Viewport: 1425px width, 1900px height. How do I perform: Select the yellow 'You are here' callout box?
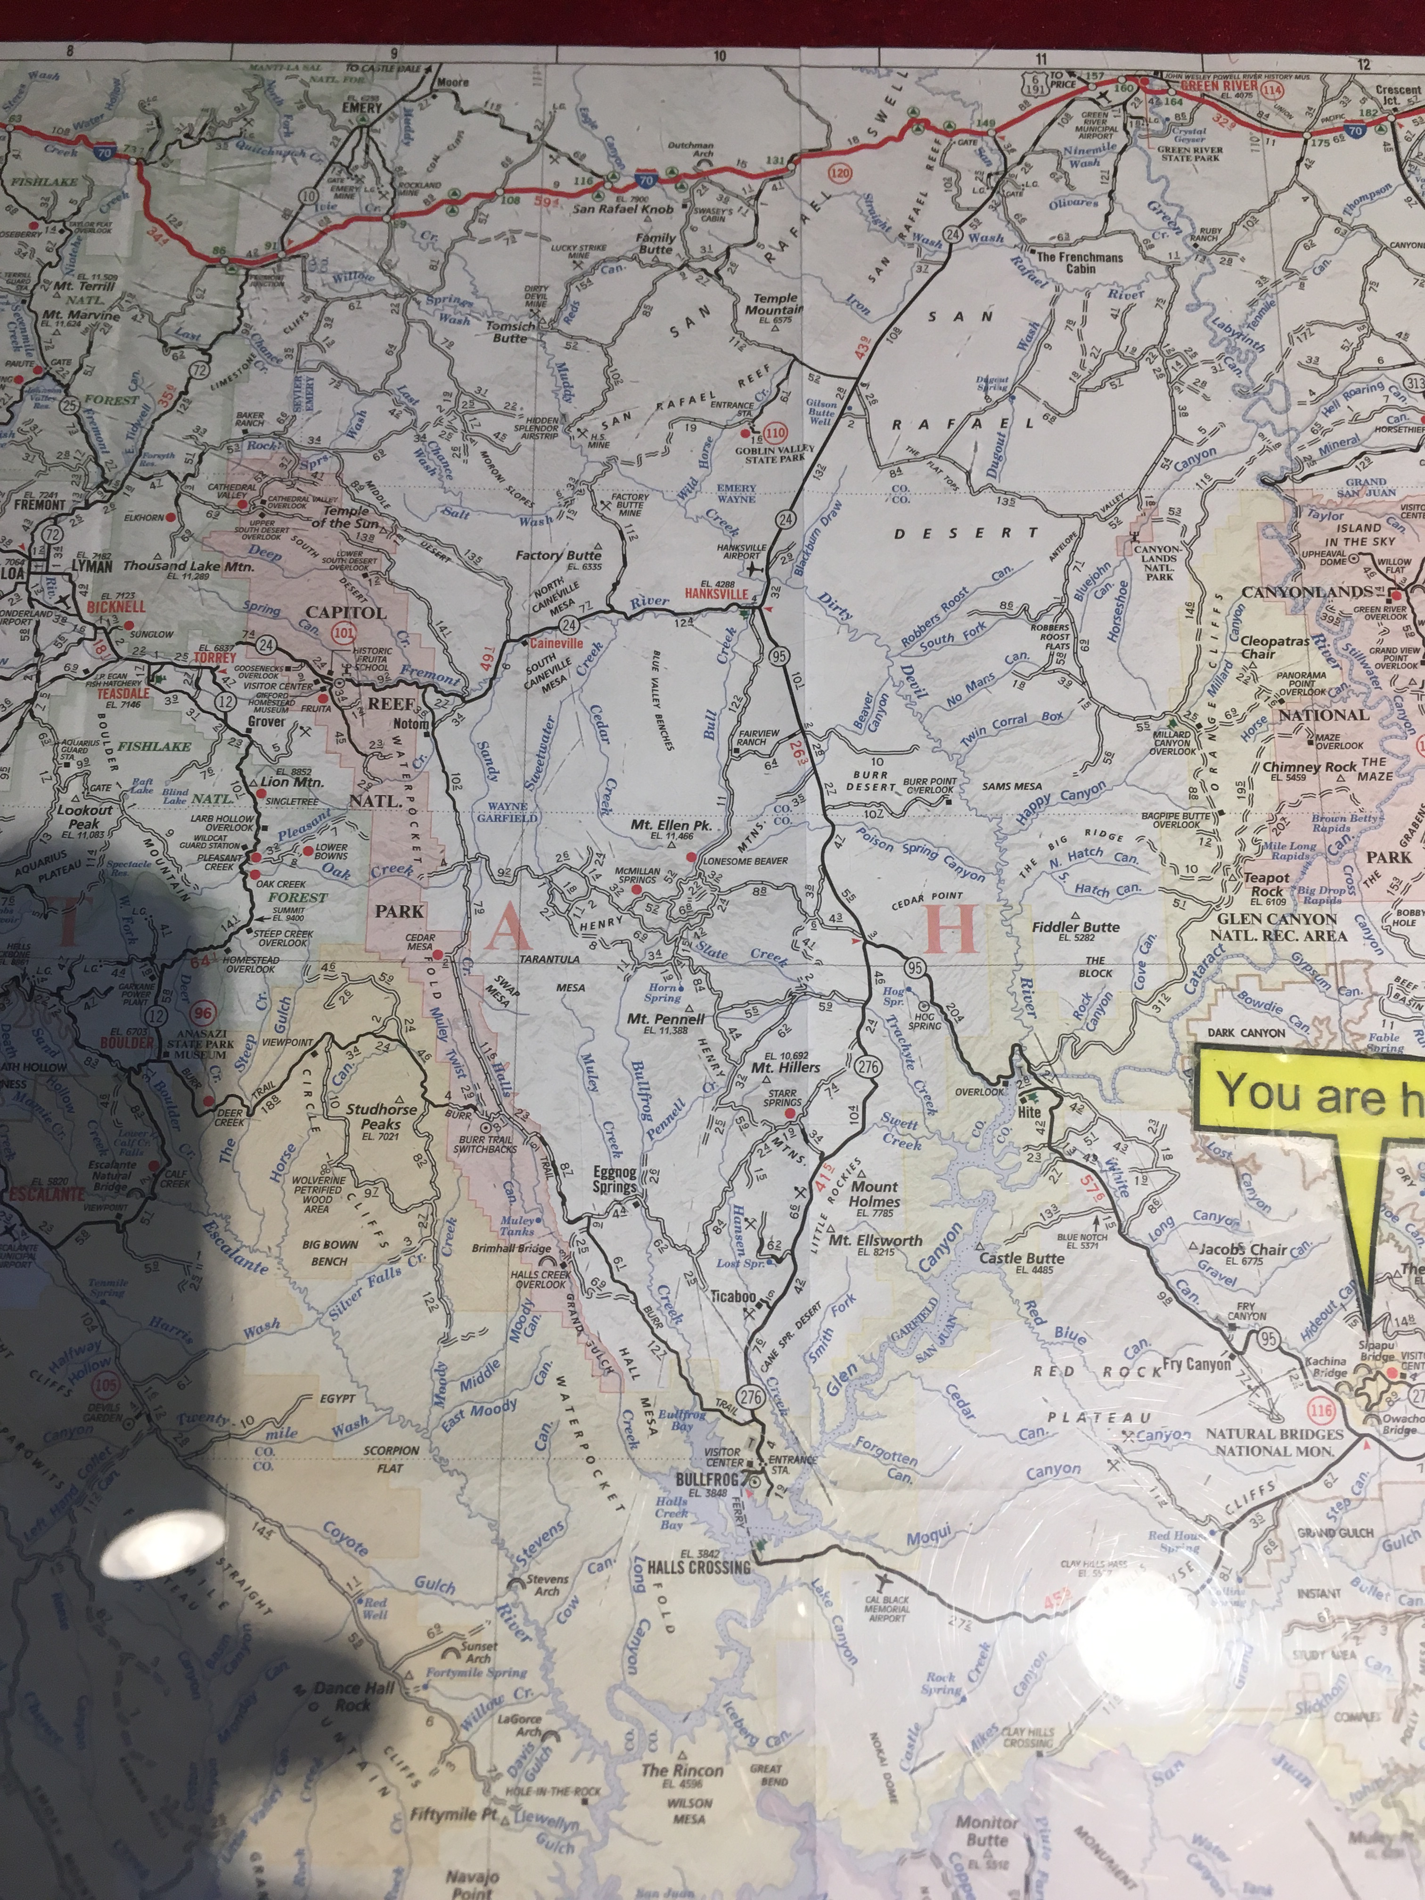click(1310, 1093)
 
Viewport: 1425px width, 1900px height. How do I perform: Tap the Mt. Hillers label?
click(785, 1067)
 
